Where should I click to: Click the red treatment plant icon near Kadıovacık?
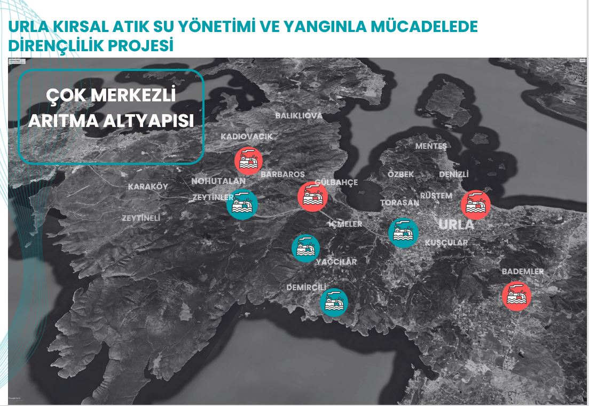(x=248, y=161)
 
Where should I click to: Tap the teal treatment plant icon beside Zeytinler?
(x=242, y=204)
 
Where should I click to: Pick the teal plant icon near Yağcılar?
(x=306, y=248)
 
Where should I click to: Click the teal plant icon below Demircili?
(x=334, y=302)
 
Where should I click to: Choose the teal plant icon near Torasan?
(x=403, y=233)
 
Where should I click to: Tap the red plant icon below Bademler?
(x=516, y=296)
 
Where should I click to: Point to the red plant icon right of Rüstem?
(x=476, y=205)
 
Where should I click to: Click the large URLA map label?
(x=456, y=225)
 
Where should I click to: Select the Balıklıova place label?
(x=299, y=116)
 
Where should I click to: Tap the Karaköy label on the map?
(x=148, y=187)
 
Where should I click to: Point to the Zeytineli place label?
(x=141, y=218)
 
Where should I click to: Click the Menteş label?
(x=431, y=146)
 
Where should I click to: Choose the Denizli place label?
(x=453, y=174)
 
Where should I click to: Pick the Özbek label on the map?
(x=401, y=174)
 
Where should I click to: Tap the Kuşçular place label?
(x=446, y=243)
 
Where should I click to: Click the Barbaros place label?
(x=282, y=174)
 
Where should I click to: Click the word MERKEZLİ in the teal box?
(x=133, y=96)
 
